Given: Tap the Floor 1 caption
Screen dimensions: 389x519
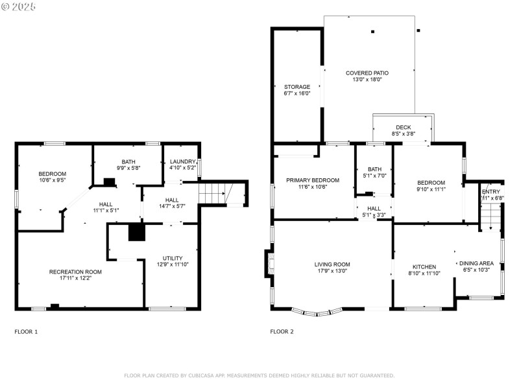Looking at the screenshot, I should coord(26,331).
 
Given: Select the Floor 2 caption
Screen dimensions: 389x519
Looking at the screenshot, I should coord(282,331).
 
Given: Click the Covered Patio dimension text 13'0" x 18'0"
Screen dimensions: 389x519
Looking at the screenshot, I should coord(367,80).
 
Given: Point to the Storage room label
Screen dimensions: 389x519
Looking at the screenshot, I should coord(297,86).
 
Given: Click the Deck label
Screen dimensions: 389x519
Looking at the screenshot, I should coord(403,127).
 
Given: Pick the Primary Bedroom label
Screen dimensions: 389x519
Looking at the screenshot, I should coord(313,180).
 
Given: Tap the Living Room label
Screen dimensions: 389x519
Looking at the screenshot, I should coord(332,264).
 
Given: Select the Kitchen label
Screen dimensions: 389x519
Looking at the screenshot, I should coord(424,266).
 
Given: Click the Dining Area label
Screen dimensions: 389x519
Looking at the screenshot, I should coord(477,263).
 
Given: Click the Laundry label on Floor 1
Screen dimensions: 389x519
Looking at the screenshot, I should coord(182,161).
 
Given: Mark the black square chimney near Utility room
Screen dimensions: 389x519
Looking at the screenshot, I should coord(136,232).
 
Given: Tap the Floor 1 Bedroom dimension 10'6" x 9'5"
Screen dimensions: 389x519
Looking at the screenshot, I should coord(52,181).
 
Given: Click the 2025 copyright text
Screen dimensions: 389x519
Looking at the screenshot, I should coord(19,6).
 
